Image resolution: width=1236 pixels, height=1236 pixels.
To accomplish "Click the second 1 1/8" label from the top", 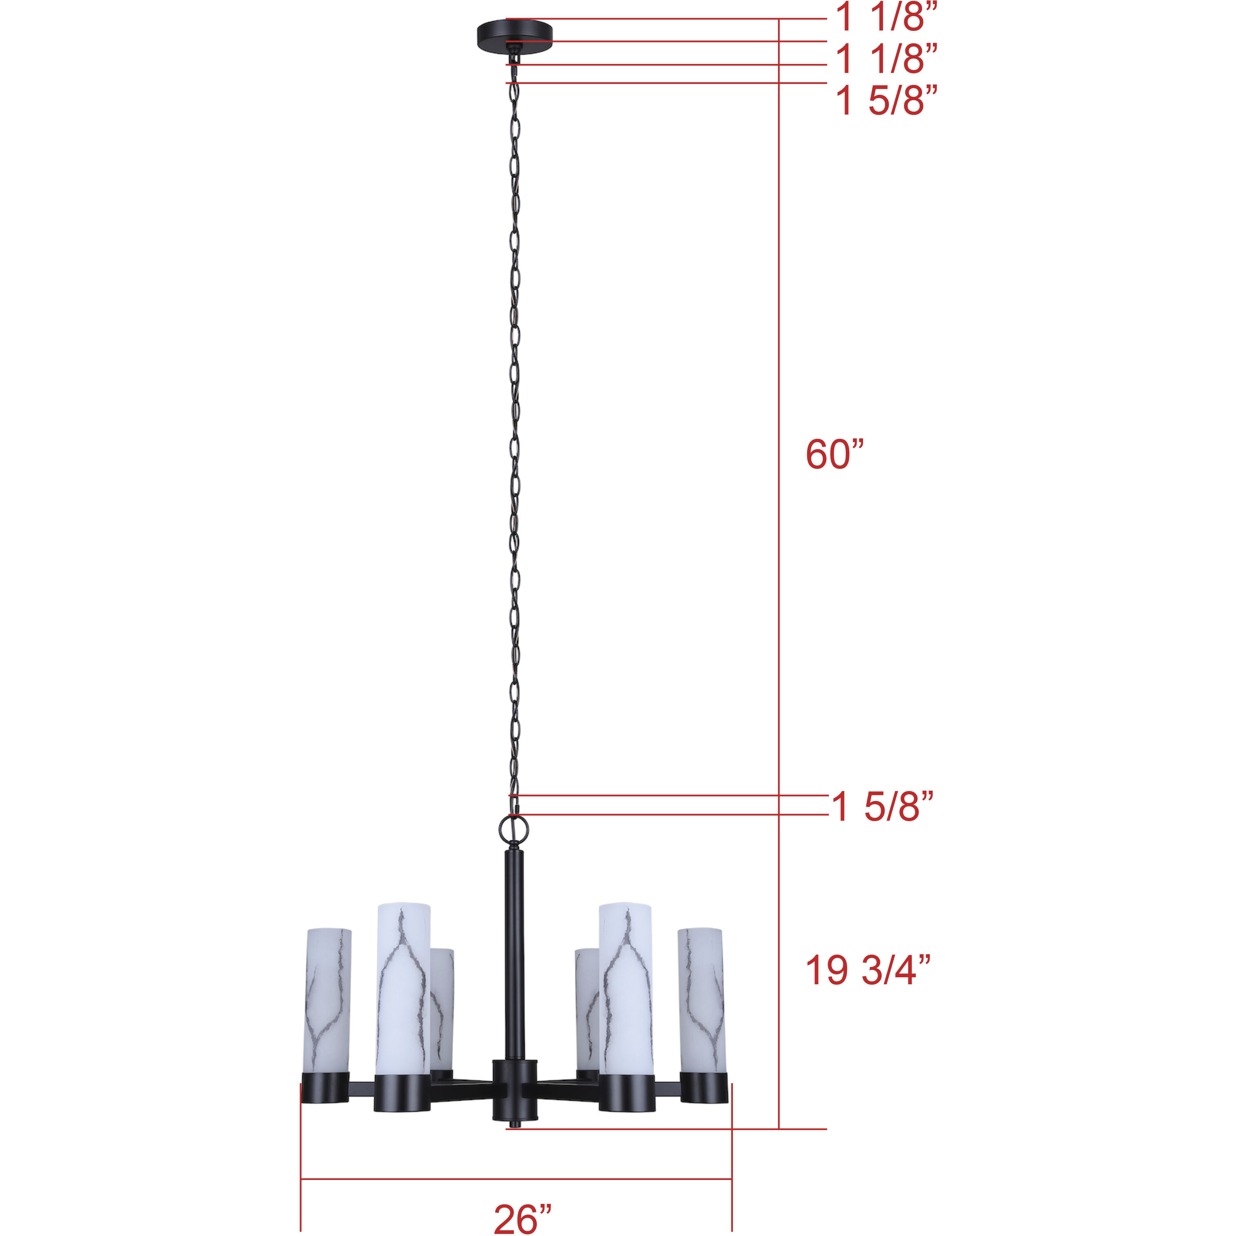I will coord(886,59).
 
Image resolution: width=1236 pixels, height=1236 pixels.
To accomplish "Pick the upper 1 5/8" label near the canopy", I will coord(886,101).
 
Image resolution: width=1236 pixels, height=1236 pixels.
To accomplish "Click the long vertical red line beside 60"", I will coord(779,576).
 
